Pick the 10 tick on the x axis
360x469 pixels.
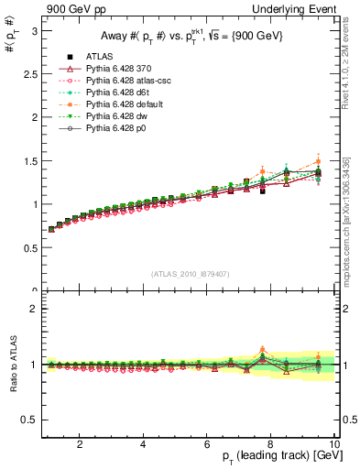point(333,443)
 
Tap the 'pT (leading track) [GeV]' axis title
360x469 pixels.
point(275,457)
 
